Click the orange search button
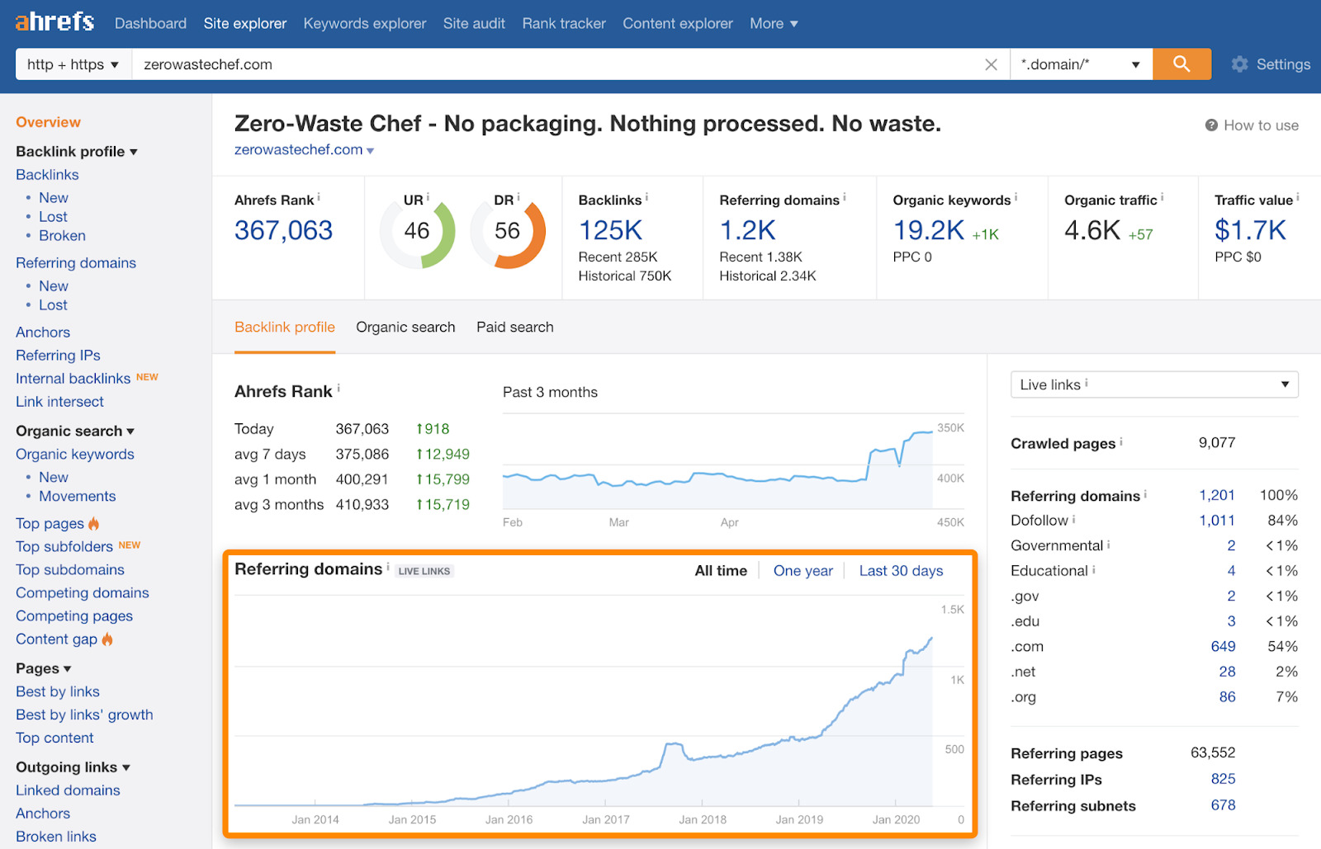(x=1181, y=64)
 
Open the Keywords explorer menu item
(x=364, y=23)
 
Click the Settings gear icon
(x=1239, y=64)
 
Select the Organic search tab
(x=405, y=327)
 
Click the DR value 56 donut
(x=507, y=231)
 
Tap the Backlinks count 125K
(x=610, y=230)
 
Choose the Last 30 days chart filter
(x=901, y=571)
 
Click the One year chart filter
(x=803, y=571)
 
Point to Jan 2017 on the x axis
(x=605, y=819)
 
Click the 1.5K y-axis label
(x=952, y=610)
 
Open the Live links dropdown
(x=1153, y=384)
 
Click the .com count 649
(x=1223, y=646)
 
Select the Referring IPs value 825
(x=1223, y=779)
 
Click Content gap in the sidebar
(x=56, y=639)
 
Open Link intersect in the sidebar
(x=59, y=402)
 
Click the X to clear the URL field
(x=991, y=64)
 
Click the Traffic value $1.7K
(x=1250, y=230)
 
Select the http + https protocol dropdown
(x=73, y=64)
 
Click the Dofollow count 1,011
(x=1216, y=520)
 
